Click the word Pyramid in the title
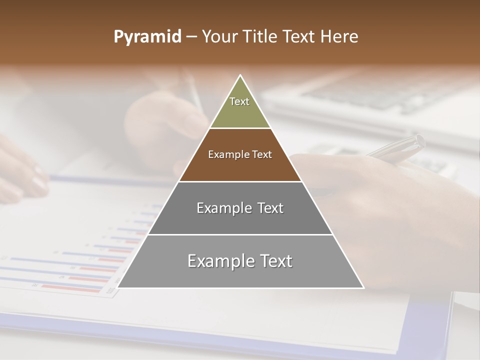(147, 37)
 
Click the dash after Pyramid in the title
(191, 37)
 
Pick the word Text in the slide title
(299, 36)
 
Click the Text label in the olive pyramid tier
(239, 101)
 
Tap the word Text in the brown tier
(262, 154)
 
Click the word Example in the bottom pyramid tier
(218, 261)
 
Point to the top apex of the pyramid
(240, 75)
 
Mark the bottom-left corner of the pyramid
(118, 287)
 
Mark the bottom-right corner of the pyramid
(363, 287)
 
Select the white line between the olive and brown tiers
(240, 128)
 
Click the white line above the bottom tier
(240, 234)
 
